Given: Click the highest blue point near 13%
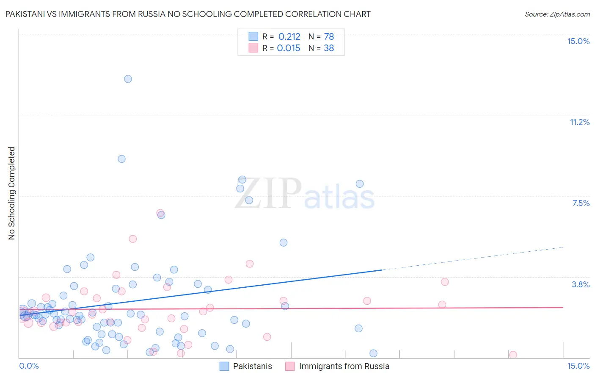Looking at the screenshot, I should click(x=128, y=79).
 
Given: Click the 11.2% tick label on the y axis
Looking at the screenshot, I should click(x=579, y=122).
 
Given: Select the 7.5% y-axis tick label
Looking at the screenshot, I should click(x=581, y=203).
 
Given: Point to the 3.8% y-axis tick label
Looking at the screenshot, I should click(x=581, y=284).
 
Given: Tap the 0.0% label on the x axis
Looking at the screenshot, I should click(x=29, y=366).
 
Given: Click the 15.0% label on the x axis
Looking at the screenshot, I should click(x=578, y=366).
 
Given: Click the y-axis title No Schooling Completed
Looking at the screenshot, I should click(x=12, y=193).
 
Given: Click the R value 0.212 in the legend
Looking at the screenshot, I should click(x=289, y=37).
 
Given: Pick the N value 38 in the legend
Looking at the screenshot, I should click(x=329, y=48).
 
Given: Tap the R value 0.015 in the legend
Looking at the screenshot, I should click(x=289, y=48).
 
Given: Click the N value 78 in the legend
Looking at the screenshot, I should click(x=329, y=37).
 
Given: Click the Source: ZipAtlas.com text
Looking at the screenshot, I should click(x=557, y=14).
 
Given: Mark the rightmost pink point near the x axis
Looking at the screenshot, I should click(x=513, y=355).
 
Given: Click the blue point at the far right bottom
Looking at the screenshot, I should click(x=373, y=353).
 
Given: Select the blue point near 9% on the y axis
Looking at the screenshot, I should click(x=121, y=159).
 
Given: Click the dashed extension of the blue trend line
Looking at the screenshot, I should click(x=474, y=258).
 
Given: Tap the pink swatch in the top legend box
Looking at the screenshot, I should click(x=253, y=48).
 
